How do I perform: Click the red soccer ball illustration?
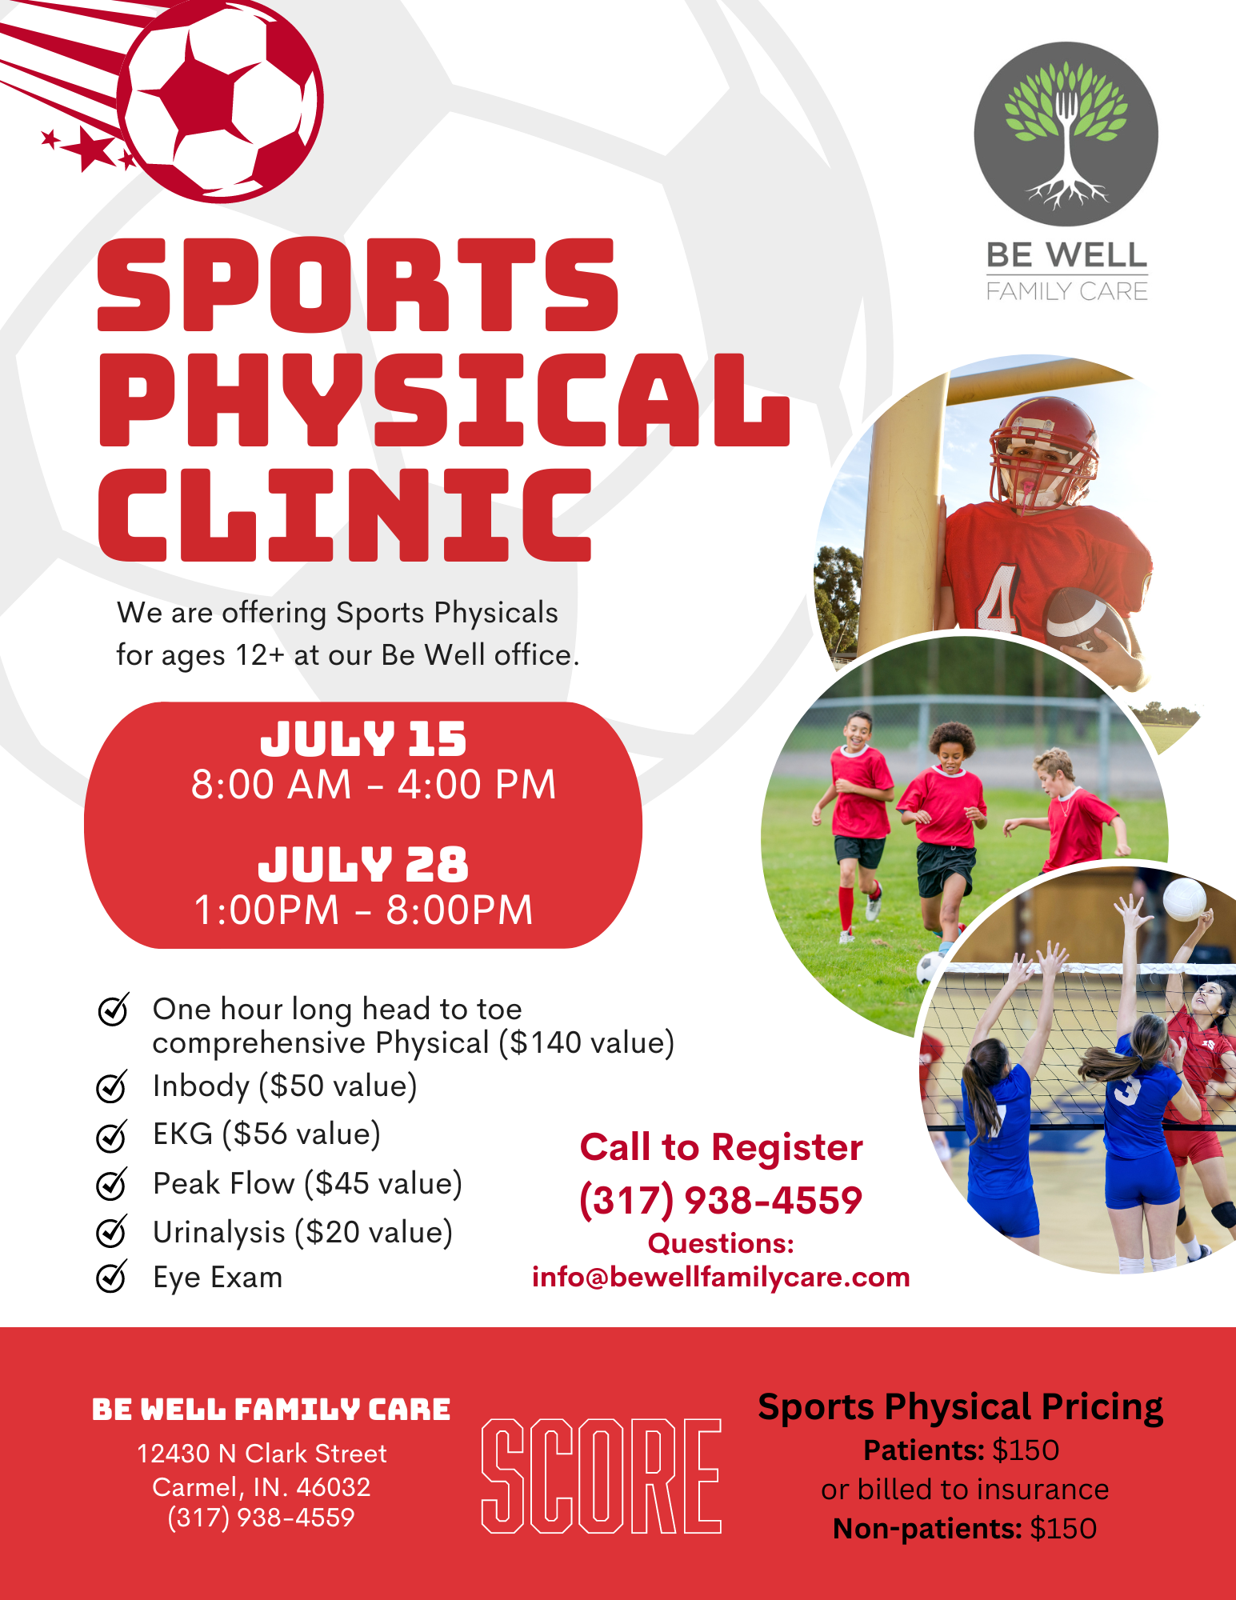221,100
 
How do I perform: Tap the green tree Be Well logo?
1066,134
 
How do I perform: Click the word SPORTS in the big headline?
358,285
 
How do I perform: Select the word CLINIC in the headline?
345,514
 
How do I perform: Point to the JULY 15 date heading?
363,739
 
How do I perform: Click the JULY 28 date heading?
363,865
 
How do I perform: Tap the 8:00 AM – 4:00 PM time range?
374,784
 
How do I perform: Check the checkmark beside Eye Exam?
112,1276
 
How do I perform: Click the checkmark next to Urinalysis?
112,1231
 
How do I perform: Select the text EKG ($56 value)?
266,1134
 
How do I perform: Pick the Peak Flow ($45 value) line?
308,1184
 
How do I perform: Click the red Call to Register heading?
722,1148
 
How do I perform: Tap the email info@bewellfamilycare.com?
721,1277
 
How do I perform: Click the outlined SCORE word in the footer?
602,1476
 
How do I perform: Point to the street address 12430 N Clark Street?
262,1454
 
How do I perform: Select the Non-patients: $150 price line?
965,1529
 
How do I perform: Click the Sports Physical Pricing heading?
961,1407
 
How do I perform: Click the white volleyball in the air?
1185,899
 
